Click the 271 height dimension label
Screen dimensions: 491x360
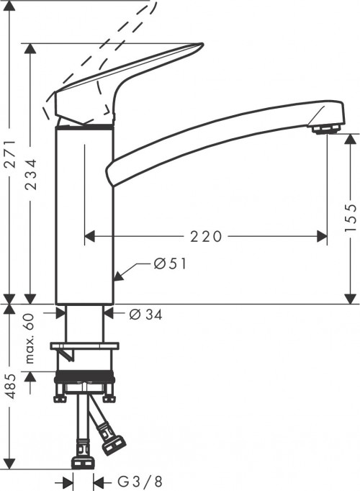(x=9, y=174)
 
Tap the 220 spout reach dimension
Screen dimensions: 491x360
(x=206, y=235)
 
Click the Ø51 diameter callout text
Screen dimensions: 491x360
(x=171, y=264)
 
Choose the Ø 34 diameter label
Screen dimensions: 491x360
(x=147, y=313)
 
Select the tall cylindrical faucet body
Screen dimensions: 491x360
(x=85, y=216)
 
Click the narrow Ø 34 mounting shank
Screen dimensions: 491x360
(x=84, y=324)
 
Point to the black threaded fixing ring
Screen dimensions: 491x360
(x=84, y=379)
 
